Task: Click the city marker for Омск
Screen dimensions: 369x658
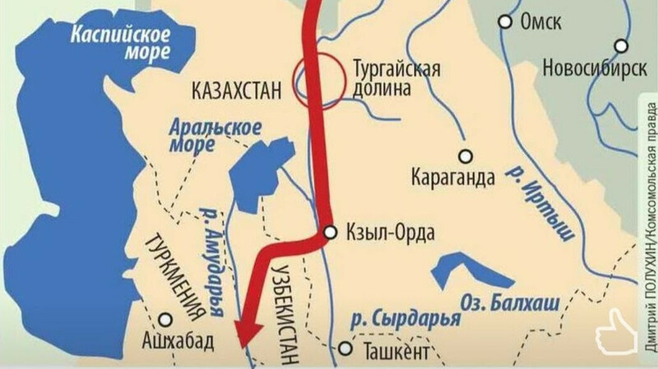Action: point(506,21)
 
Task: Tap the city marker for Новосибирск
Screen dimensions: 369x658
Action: point(621,46)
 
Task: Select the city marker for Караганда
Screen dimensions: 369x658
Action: point(466,156)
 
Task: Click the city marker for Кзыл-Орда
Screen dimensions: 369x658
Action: point(330,233)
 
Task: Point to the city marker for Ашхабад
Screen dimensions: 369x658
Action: point(167,319)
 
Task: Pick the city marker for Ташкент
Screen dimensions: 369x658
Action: point(346,350)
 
